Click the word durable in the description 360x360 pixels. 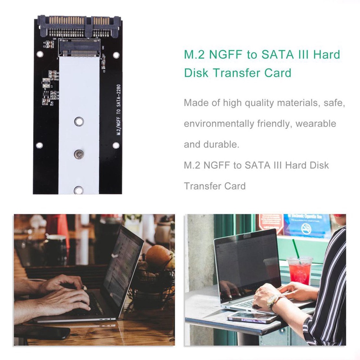point(220,144)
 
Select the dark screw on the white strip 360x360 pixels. point(79,154)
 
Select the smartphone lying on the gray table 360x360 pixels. point(252,317)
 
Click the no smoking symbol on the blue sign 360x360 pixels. point(306,229)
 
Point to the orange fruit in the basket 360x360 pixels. point(159,257)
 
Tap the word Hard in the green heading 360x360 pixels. point(326,55)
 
